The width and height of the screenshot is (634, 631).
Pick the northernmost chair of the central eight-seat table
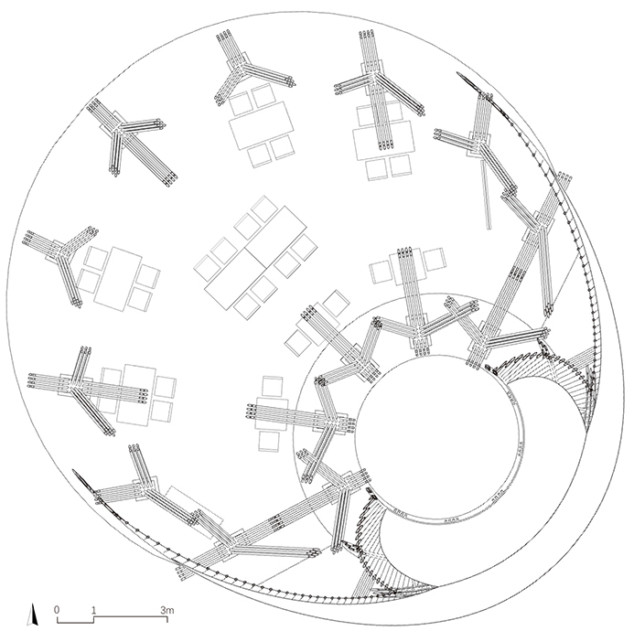click(264, 209)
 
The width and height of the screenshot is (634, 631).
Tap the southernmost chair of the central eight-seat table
click(246, 305)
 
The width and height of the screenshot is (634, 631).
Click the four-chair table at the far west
click(118, 279)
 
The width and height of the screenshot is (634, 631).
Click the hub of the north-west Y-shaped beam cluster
click(120, 128)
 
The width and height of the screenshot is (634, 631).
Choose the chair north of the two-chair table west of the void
click(272, 387)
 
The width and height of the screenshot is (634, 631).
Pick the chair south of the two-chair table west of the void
click(268, 441)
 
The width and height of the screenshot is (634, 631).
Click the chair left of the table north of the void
click(381, 272)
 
